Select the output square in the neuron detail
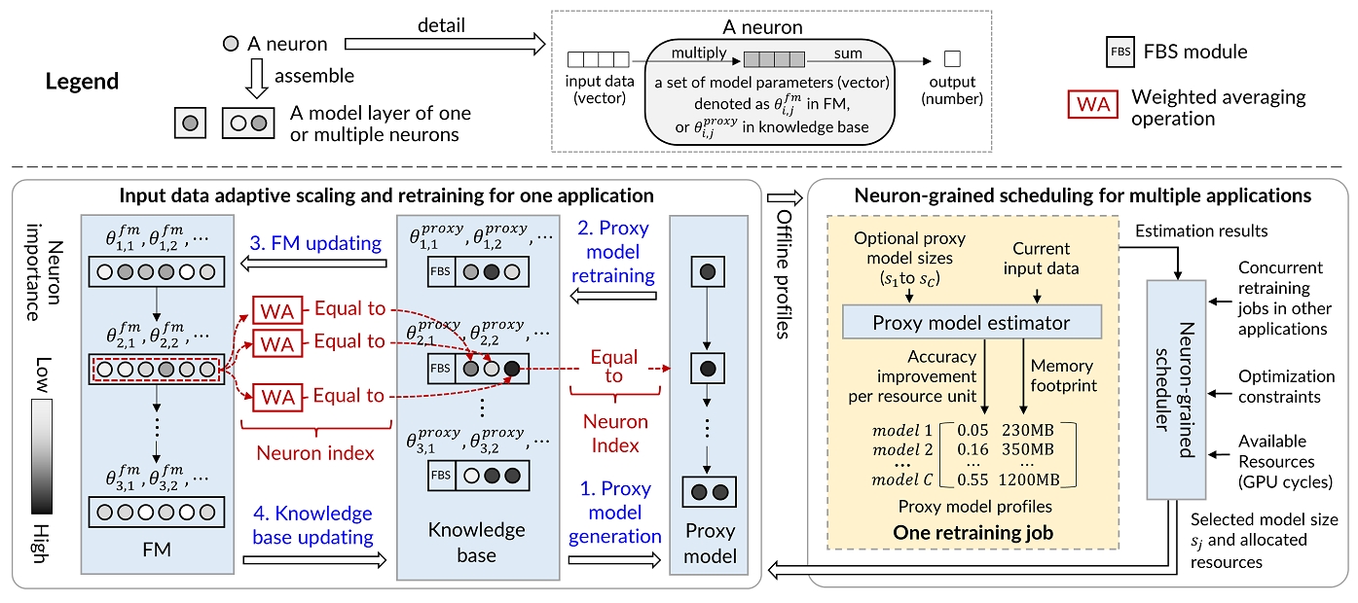coord(953,58)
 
